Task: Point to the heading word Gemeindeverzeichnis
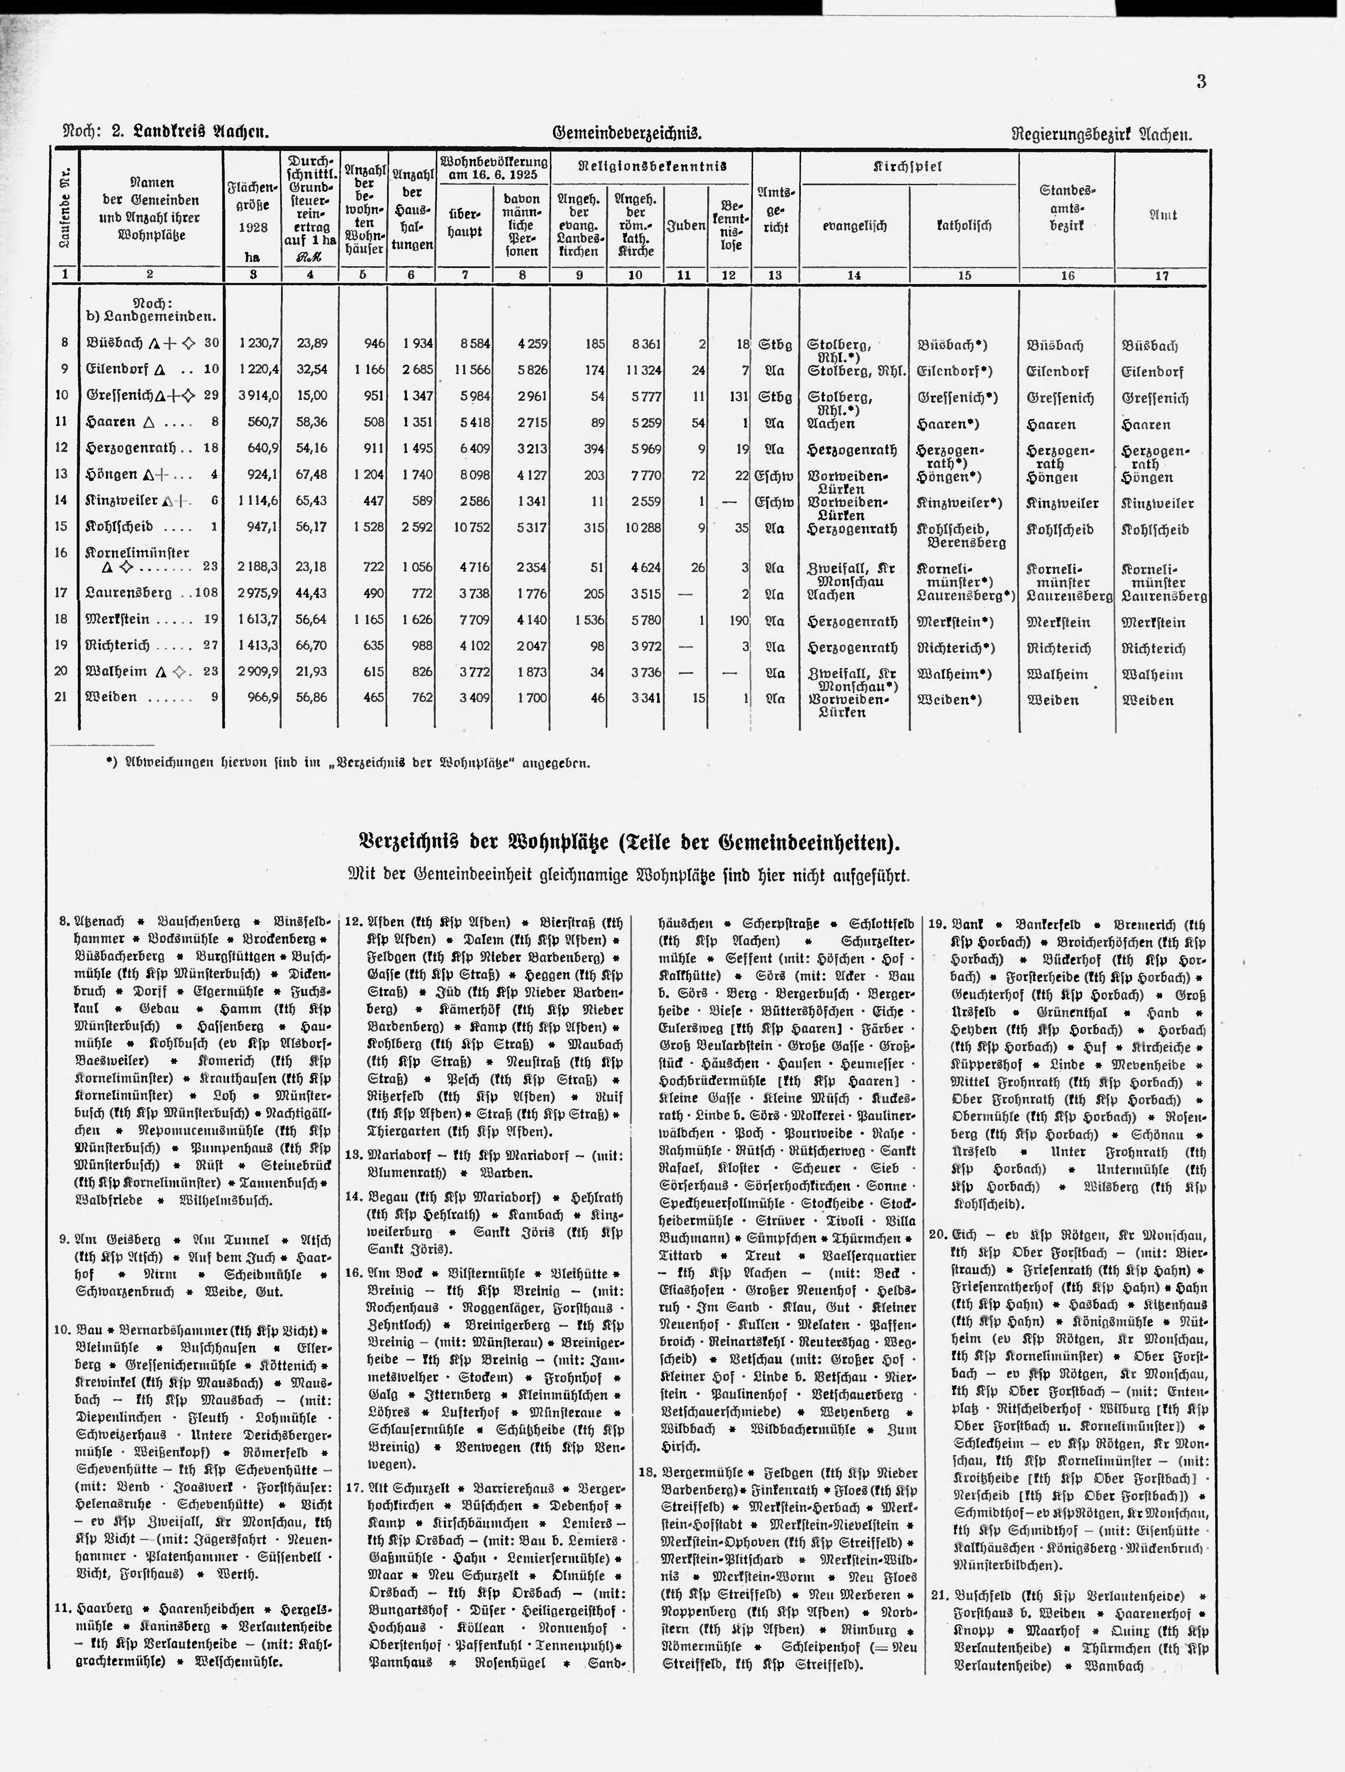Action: tap(627, 133)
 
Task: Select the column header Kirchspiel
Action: tap(908, 167)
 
